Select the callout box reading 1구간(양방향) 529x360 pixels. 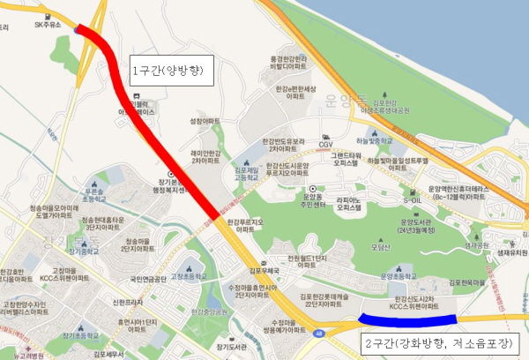point(172,71)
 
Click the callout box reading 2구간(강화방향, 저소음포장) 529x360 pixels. point(440,343)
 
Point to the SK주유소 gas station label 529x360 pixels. point(48,25)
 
